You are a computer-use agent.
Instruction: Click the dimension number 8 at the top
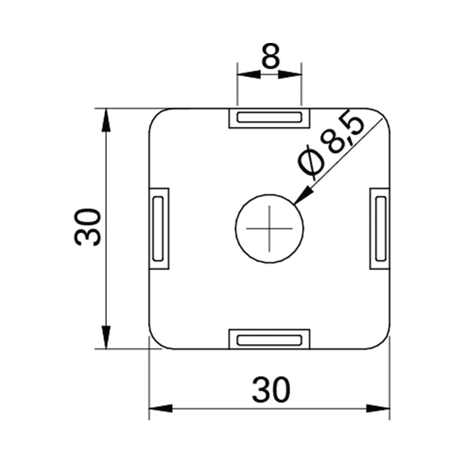(270, 56)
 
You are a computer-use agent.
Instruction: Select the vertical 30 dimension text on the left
(89, 227)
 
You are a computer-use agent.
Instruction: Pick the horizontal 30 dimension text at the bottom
(270, 390)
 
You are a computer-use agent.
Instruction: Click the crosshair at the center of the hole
(270, 227)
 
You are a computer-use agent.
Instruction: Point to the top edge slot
(270, 118)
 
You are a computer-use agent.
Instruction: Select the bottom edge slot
(270, 339)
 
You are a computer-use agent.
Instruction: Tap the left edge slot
(158, 228)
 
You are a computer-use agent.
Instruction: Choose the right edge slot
(380, 228)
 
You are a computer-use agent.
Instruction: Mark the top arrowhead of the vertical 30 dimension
(106, 119)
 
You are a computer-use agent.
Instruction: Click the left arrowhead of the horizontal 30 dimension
(160, 409)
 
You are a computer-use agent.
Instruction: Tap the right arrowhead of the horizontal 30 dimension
(379, 409)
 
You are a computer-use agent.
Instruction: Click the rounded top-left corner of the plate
(156, 115)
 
